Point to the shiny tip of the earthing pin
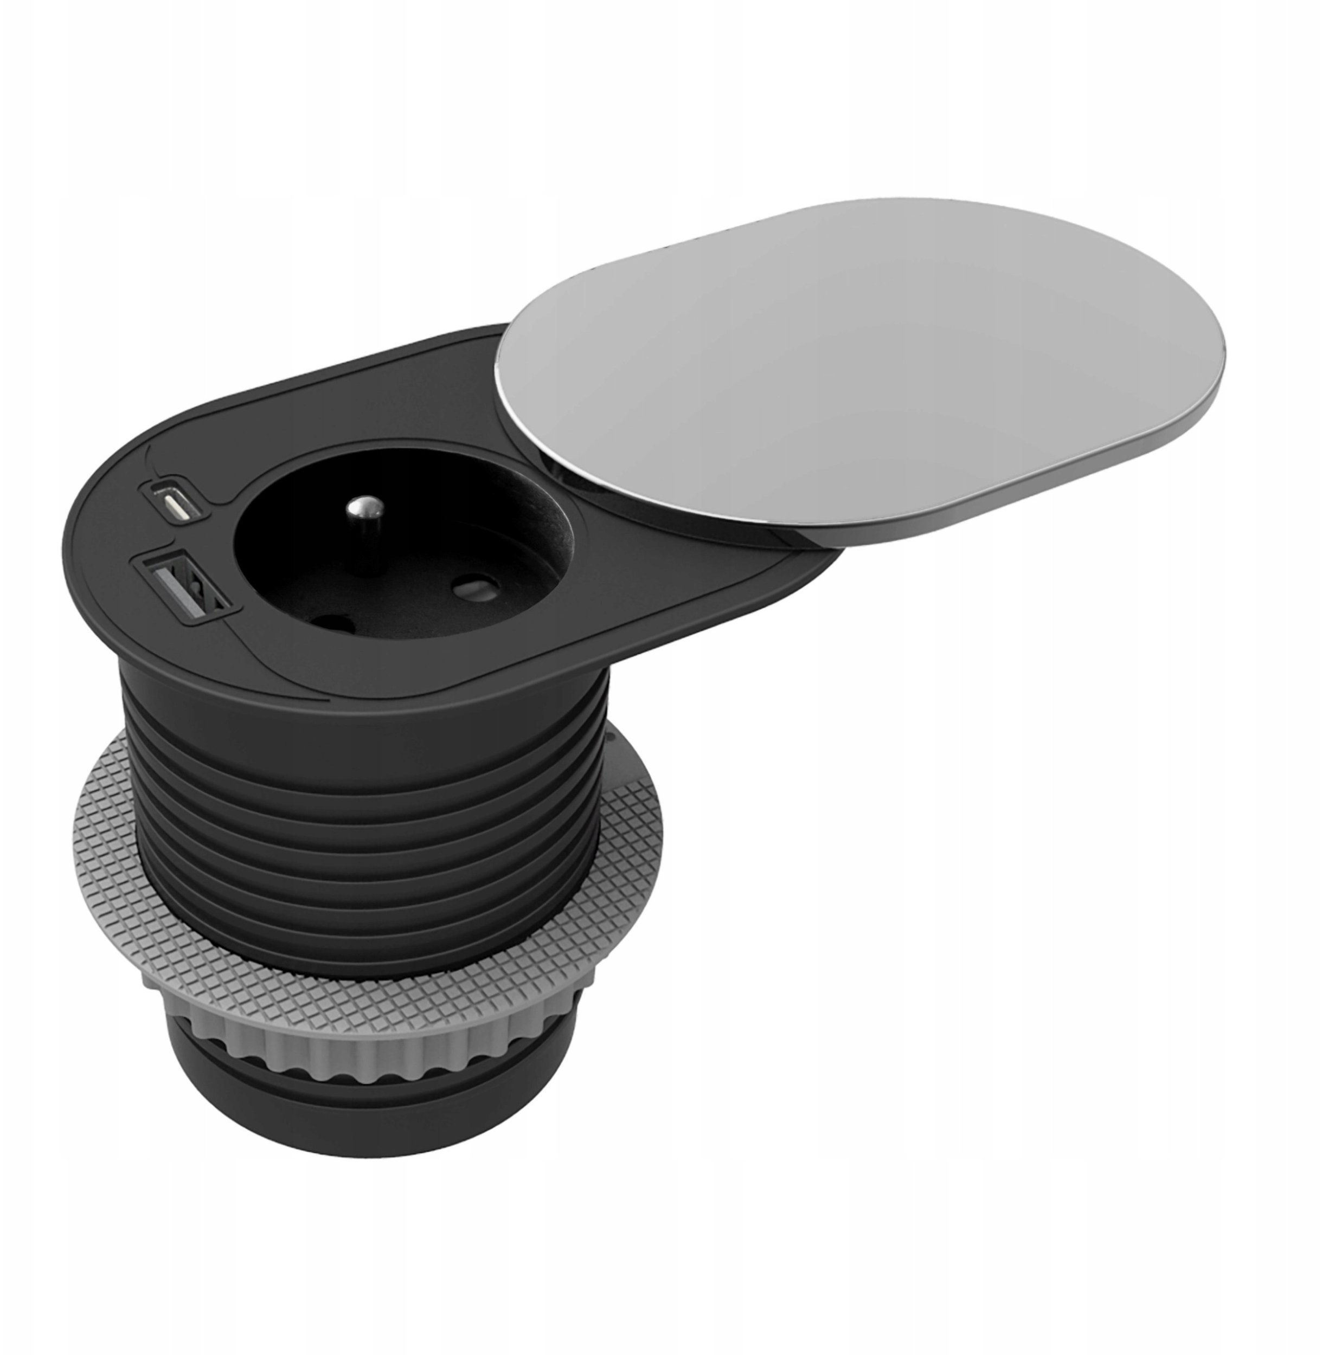(361, 507)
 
